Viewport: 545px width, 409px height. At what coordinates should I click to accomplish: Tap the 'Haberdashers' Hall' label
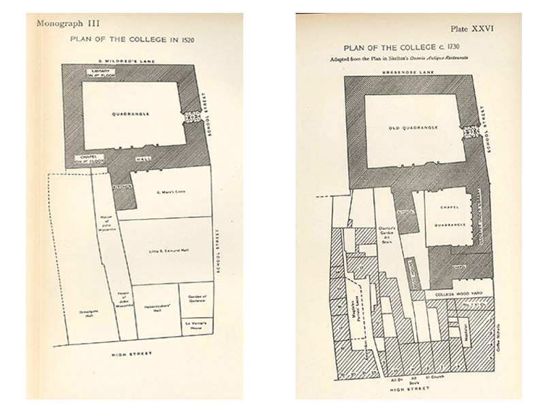[155, 307]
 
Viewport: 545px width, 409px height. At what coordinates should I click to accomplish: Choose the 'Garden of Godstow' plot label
[196, 299]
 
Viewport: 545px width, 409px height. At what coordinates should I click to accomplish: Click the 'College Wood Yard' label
[452, 293]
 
